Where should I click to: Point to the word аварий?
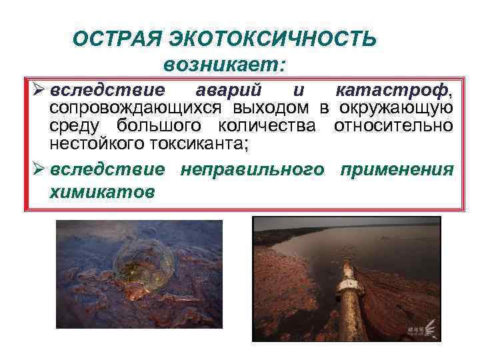pos(231,90)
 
